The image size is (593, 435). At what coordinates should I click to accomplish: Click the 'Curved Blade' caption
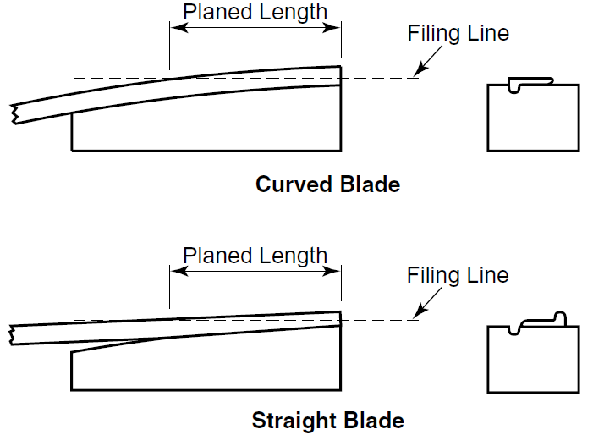click(x=327, y=184)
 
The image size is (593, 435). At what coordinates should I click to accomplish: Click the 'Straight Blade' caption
click(x=327, y=420)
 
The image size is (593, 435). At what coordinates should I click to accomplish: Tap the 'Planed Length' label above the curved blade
click(x=255, y=12)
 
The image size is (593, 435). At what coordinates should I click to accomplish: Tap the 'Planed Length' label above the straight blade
click(x=255, y=256)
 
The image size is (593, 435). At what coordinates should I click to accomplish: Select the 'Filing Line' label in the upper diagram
click(x=458, y=34)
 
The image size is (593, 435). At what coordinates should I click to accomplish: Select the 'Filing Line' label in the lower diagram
click(x=458, y=276)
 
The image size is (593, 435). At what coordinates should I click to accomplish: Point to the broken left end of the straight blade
click(x=13, y=334)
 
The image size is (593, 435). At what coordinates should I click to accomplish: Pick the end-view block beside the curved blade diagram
click(x=533, y=118)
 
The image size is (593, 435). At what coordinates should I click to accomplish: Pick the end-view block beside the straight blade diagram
click(x=533, y=360)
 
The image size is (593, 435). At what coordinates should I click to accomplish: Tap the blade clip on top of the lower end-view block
click(x=541, y=320)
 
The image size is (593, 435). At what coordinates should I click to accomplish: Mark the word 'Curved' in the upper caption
click(x=288, y=184)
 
